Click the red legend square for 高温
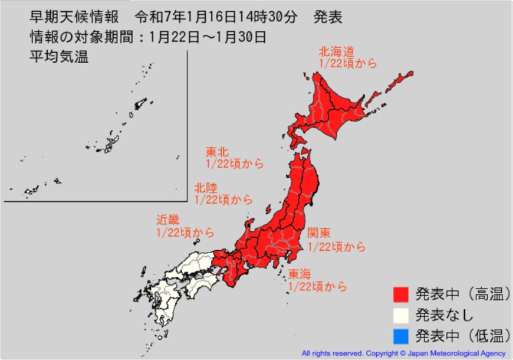coord(401,293)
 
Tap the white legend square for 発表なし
coord(401,315)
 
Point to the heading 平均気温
coord(59,58)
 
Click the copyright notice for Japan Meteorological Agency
coord(403,354)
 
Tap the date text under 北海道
coord(347,63)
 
